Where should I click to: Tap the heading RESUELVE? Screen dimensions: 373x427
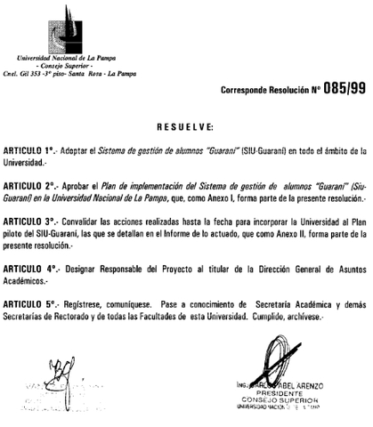pos(186,125)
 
